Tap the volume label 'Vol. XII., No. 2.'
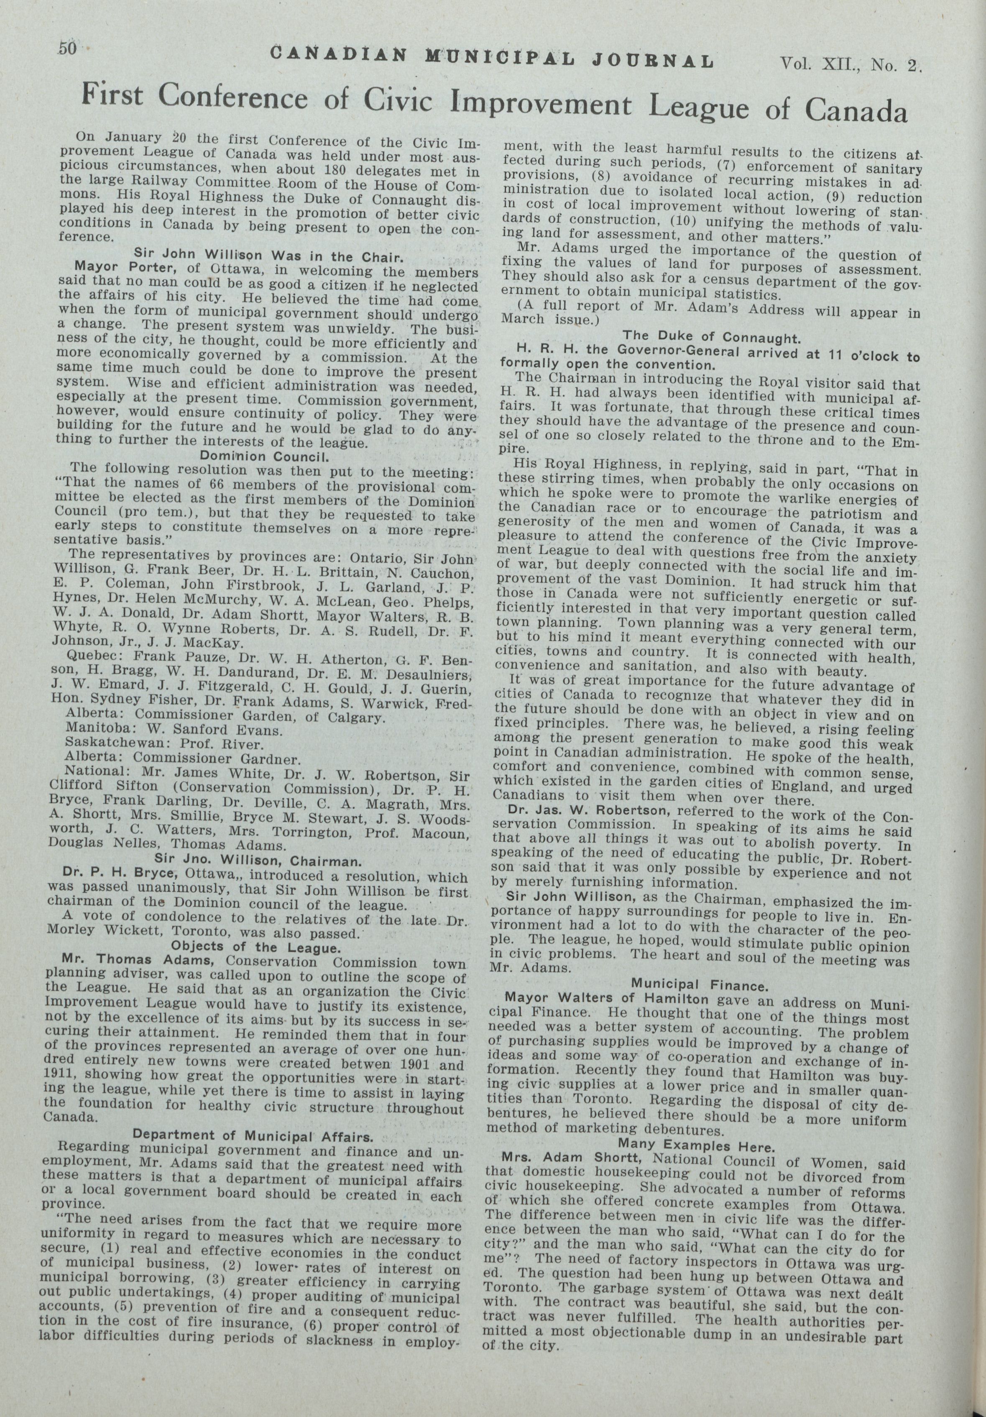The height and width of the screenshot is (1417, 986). click(850, 64)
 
